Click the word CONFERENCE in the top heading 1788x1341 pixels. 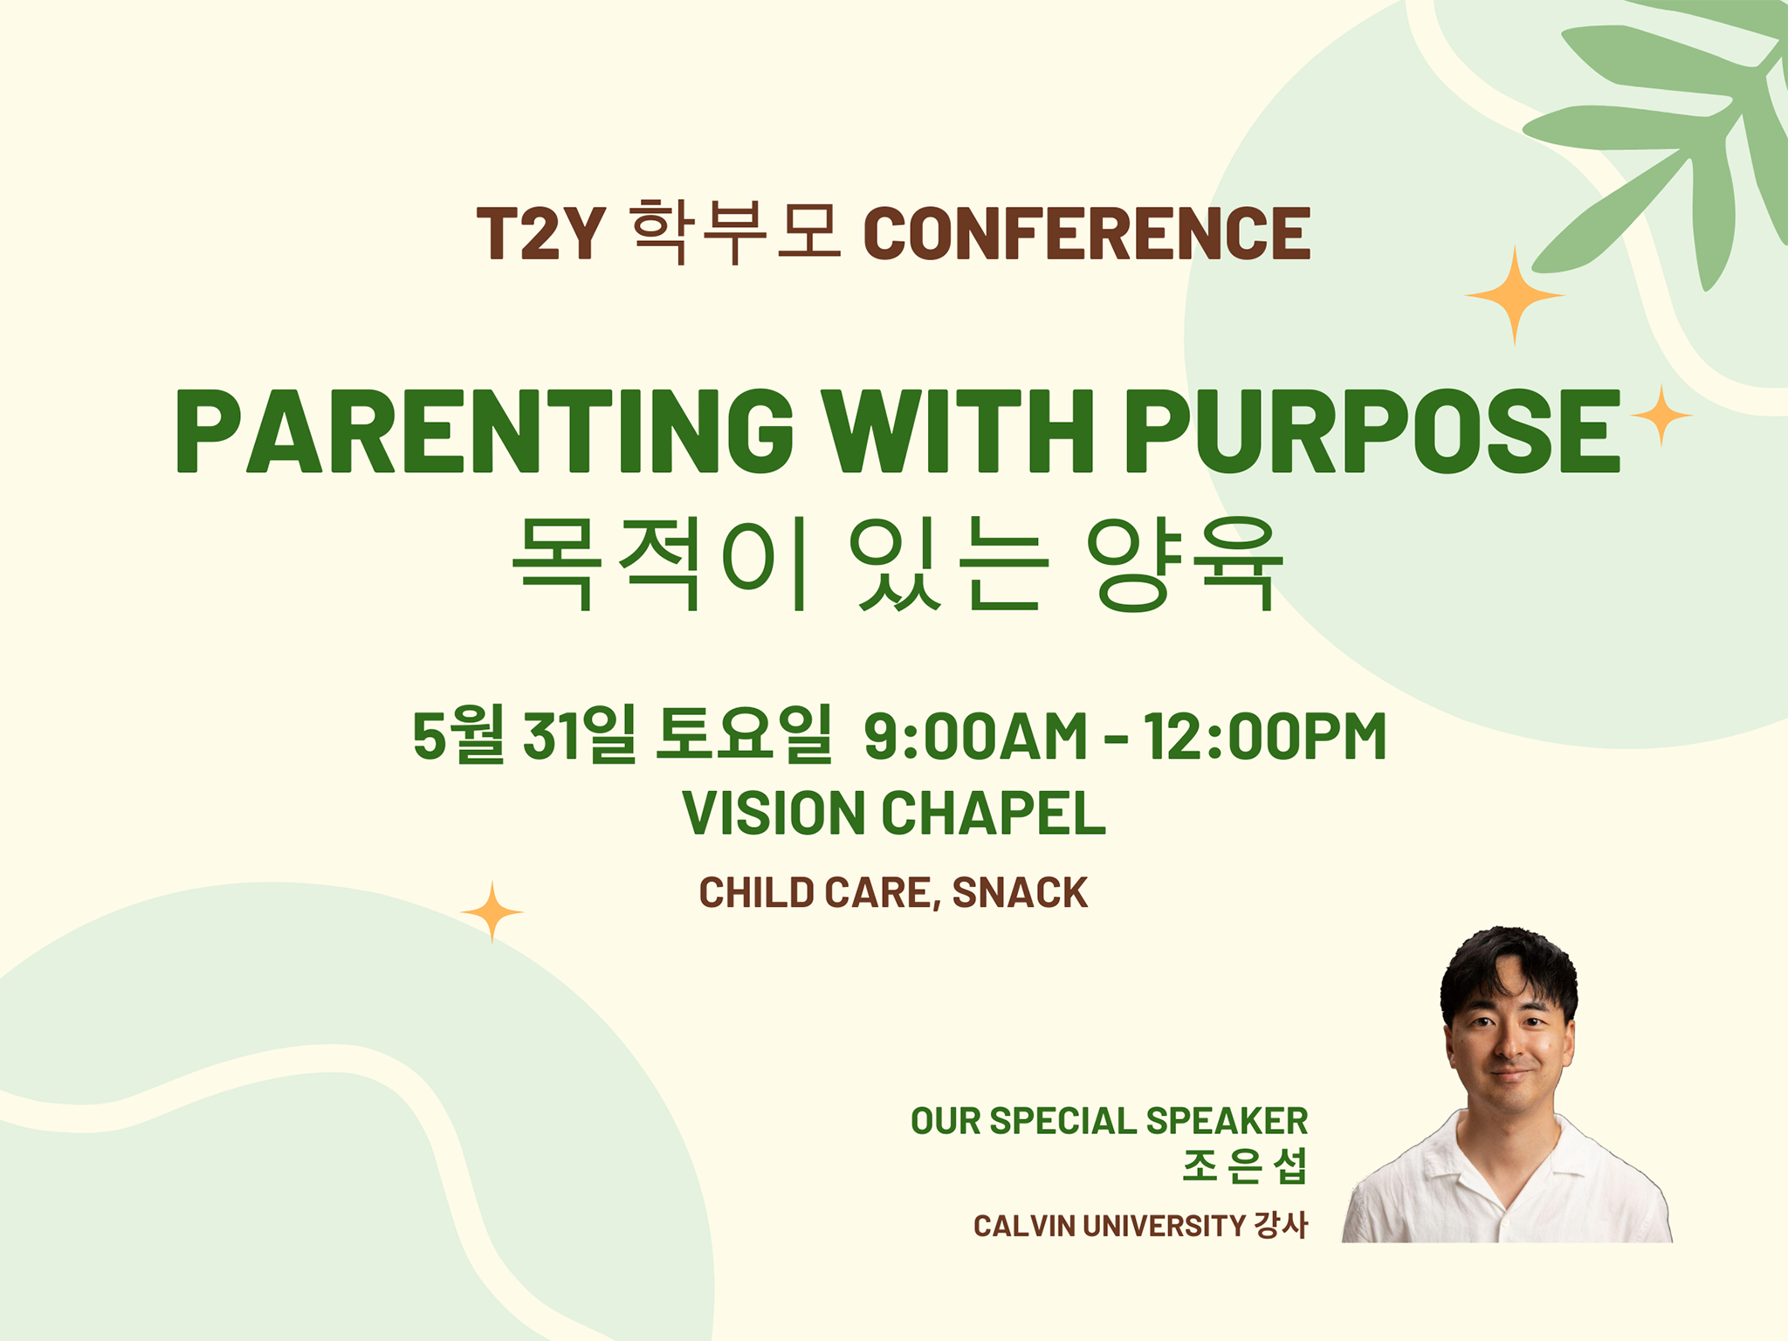pos(1087,234)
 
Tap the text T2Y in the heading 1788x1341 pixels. pos(541,234)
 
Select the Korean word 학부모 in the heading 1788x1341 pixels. pos(735,231)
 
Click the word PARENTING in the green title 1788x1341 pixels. pos(485,430)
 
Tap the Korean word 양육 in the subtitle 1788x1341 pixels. pos(1185,564)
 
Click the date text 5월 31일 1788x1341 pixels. pos(524,735)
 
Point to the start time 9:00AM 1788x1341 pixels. pos(976,737)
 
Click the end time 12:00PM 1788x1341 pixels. pos(1265,737)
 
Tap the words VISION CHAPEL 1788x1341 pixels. pos(894,814)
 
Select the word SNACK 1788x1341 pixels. pos(1021,893)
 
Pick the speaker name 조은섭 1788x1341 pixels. pos(1245,1166)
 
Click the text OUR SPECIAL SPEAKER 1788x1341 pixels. pos(1110,1121)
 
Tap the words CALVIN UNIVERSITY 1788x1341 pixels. pos(1110,1226)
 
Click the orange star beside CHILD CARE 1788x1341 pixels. pos(492,912)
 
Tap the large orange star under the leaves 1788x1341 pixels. pos(1515,296)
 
